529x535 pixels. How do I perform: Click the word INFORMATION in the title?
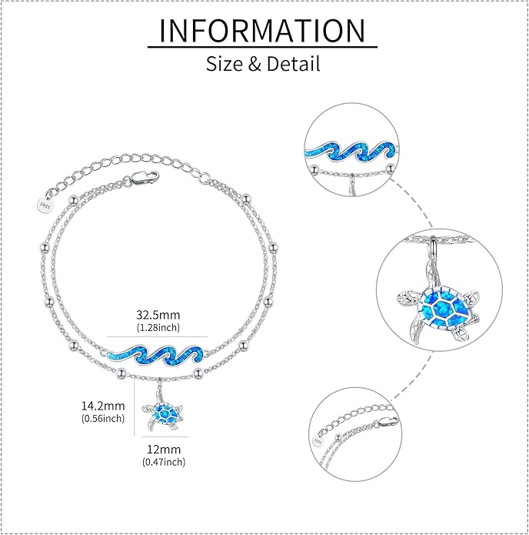262,30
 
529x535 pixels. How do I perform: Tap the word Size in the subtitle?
225,63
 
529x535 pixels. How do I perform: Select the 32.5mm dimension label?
158,315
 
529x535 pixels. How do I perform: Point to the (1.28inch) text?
158,328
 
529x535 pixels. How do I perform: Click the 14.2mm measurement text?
103,406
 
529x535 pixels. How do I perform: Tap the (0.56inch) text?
103,418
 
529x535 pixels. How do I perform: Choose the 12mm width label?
164,449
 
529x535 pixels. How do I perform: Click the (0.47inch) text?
164,462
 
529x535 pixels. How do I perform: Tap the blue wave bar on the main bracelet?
155,356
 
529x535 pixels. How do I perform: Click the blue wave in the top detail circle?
351,152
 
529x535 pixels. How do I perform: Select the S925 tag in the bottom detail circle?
318,441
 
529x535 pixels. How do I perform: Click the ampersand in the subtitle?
255,64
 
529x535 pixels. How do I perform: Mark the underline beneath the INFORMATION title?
262,46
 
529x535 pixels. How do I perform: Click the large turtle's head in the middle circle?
406,299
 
